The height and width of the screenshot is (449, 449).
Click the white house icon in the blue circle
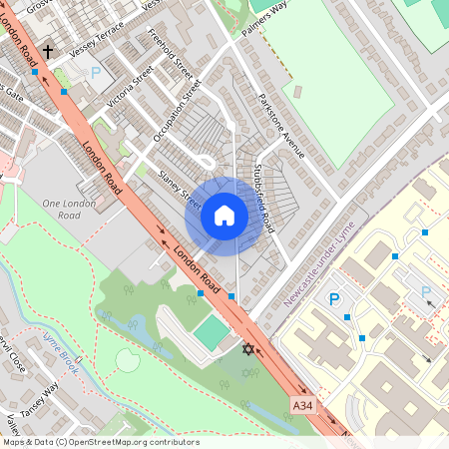click(x=224, y=215)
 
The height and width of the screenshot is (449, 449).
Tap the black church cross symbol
click(x=47, y=49)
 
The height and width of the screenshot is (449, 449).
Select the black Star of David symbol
click(x=248, y=348)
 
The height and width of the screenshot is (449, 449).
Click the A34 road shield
click(x=304, y=405)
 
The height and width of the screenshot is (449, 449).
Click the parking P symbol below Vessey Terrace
click(x=96, y=72)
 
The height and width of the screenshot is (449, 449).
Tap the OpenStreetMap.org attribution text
click(x=100, y=442)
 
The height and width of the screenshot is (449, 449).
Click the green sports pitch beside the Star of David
click(x=212, y=332)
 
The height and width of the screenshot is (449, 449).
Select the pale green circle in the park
click(x=128, y=359)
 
